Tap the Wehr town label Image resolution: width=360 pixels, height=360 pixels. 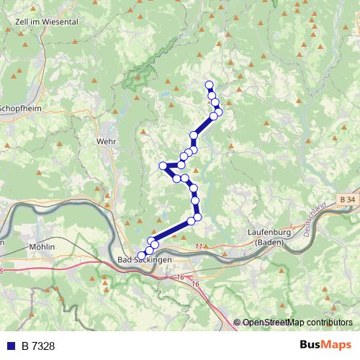[x=106, y=142]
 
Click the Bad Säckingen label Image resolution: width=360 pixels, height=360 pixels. [x=143, y=259]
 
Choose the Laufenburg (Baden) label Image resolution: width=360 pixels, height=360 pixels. [x=267, y=237]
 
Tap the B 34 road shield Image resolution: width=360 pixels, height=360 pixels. [x=347, y=199]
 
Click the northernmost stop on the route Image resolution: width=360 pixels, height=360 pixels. [x=210, y=85]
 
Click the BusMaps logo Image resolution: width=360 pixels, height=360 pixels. [x=325, y=346]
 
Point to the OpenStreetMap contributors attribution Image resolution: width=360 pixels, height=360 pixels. [x=297, y=323]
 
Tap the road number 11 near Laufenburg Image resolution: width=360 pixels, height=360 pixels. [x=199, y=247]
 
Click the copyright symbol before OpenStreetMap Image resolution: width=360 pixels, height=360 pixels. [x=238, y=323]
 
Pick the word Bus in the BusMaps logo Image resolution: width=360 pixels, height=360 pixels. [x=311, y=346]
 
